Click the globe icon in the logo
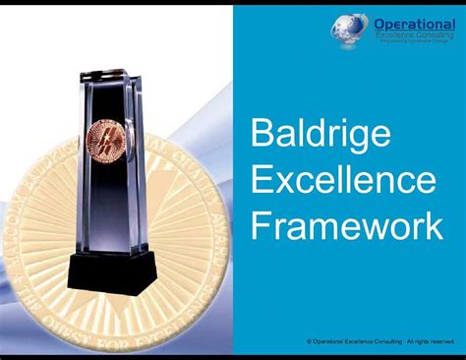click(x=349, y=27)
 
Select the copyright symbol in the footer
click(x=310, y=340)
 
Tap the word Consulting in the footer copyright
click(x=388, y=340)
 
